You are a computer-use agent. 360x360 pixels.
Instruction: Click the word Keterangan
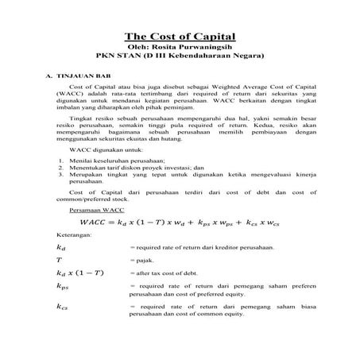pos(74,237)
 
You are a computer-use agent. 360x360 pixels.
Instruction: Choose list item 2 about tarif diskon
pos(131,168)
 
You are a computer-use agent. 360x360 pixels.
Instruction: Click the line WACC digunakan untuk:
pos(104,149)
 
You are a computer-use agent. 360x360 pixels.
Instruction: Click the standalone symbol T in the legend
pos(60,261)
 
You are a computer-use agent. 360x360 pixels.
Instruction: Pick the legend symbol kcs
pos(64,306)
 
